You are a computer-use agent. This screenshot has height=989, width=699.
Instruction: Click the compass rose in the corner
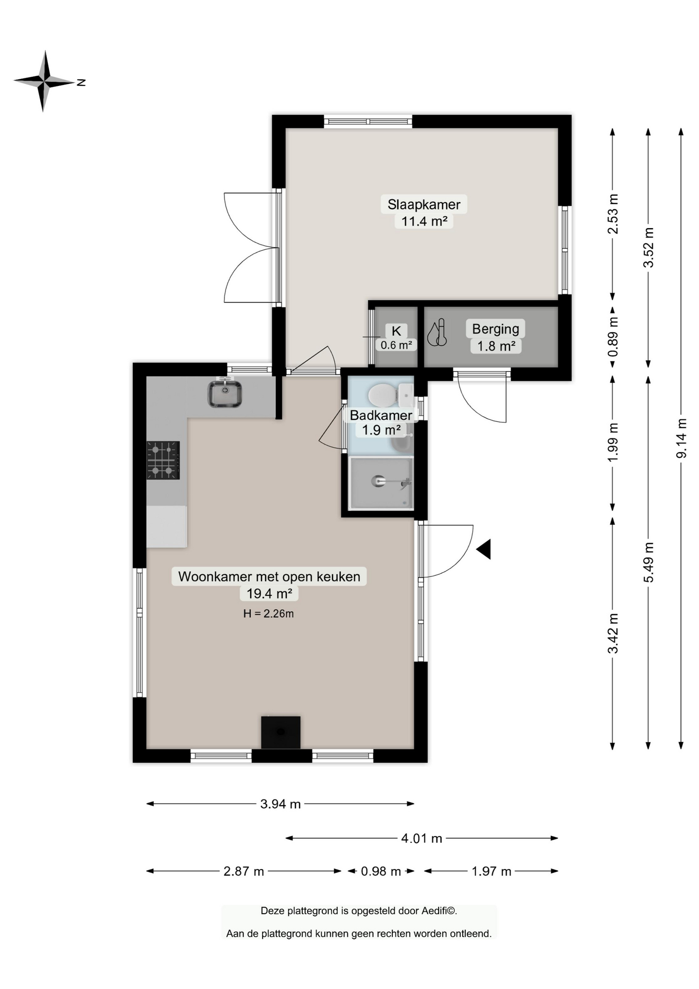coord(45,81)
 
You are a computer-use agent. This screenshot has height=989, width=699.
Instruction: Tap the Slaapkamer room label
coord(424,204)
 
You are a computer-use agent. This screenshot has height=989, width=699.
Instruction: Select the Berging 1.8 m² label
coord(496,337)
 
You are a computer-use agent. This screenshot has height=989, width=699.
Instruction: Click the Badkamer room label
coord(381,415)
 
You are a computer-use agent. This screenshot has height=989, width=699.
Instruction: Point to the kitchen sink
coord(225,394)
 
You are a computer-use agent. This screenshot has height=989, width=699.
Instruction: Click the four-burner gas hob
coord(163,460)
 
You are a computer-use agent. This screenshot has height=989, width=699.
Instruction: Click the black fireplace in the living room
coord(281,732)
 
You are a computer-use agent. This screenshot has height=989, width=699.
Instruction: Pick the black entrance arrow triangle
coord(484,549)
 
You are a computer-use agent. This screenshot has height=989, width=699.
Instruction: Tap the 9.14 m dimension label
coord(681,438)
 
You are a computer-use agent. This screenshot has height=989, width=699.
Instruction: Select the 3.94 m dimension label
coord(281,804)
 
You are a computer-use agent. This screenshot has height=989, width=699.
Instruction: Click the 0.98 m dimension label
coord(381,871)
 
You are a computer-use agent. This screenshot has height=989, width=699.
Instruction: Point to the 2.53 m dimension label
coord(613,214)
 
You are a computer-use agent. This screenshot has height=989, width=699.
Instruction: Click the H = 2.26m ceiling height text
coord(269,613)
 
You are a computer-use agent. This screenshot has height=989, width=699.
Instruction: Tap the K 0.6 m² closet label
coord(396,338)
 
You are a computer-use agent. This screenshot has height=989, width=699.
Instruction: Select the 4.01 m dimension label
coord(422,839)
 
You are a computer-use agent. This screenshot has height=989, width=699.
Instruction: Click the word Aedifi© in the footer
coord(439,911)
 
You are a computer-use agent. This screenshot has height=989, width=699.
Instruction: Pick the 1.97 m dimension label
coord(492,871)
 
